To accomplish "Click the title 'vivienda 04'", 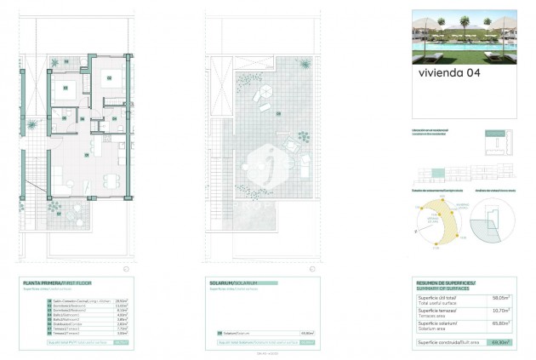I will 449,72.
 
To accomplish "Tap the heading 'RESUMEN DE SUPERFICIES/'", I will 446,282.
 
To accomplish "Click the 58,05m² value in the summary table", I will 500,298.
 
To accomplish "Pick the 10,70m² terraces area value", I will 500,311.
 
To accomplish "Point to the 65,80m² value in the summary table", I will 500,323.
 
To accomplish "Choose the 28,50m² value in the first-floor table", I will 121,300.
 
